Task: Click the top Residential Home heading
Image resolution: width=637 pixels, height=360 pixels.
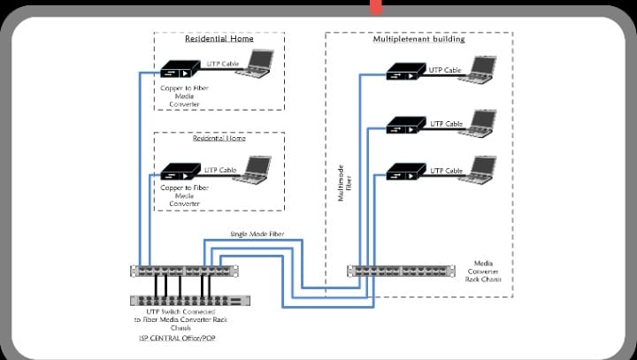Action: (219, 39)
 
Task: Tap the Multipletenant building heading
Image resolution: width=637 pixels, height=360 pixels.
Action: (418, 40)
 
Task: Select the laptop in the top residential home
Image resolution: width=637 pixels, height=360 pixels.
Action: (259, 64)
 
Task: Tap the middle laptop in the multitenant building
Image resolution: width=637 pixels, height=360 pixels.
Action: (483, 122)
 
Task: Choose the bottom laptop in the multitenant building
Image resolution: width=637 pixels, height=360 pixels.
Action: (483, 169)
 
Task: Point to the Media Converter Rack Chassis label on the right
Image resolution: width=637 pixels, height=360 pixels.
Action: (495, 271)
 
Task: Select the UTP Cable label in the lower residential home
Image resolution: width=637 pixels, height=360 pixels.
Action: (221, 169)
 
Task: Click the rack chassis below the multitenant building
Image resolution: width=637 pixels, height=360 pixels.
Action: (406, 271)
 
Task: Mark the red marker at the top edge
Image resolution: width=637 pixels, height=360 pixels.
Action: (376, 7)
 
